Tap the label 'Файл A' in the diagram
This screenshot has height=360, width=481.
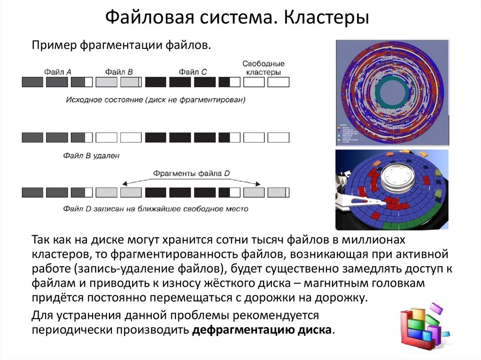coord(58,72)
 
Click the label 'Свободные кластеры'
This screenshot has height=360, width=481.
coord(264,68)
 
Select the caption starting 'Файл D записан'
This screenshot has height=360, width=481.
coord(155,208)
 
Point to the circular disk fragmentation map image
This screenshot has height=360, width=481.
coord(391,93)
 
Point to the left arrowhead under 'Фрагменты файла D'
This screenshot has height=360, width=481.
coord(124,184)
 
